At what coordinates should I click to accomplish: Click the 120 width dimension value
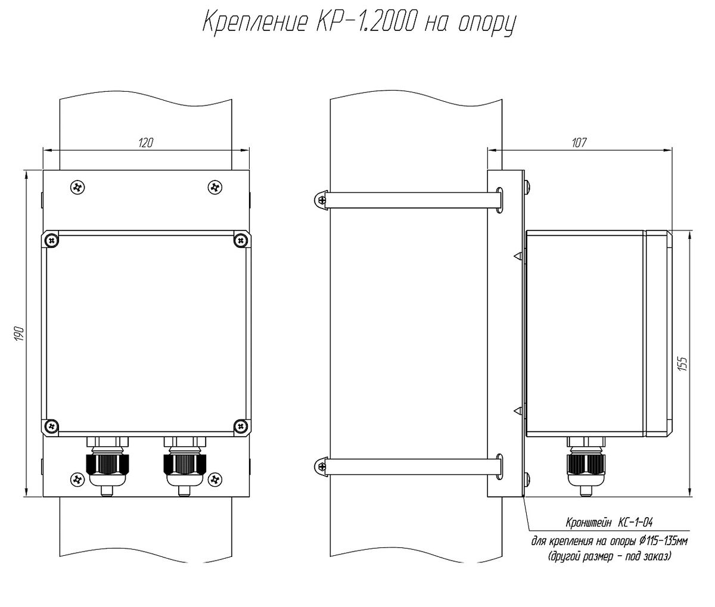(x=145, y=143)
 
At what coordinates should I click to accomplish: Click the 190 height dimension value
(x=20, y=334)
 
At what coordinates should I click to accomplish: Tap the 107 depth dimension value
(x=579, y=143)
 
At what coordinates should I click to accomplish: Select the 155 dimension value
(x=683, y=364)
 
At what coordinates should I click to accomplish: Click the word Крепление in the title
(x=254, y=23)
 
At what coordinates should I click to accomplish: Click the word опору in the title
(x=487, y=25)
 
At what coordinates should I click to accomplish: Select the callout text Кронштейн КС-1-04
(x=609, y=522)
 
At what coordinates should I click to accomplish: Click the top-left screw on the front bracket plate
(x=77, y=188)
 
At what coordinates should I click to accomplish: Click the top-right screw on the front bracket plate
(x=215, y=188)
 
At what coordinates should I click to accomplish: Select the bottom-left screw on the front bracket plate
(x=77, y=480)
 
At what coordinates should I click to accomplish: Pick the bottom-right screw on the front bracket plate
(x=215, y=480)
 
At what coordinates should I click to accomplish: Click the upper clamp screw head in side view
(x=321, y=200)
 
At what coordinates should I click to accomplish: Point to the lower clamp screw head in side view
(x=321, y=466)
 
